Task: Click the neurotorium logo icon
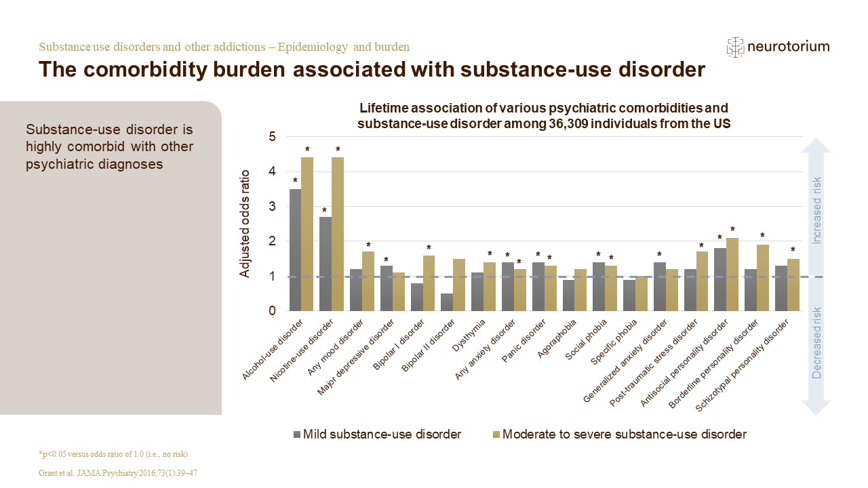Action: [735, 47]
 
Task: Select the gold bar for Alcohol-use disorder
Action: [307, 234]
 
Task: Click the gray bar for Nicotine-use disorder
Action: [325, 264]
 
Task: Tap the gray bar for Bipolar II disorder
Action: [447, 302]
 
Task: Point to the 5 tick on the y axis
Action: [272, 137]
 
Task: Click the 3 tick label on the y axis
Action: [272, 207]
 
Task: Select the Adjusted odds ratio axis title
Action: [245, 224]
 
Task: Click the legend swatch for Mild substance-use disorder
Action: [296, 434]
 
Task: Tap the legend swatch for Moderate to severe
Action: [496, 434]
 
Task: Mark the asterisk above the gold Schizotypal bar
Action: [793, 250]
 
